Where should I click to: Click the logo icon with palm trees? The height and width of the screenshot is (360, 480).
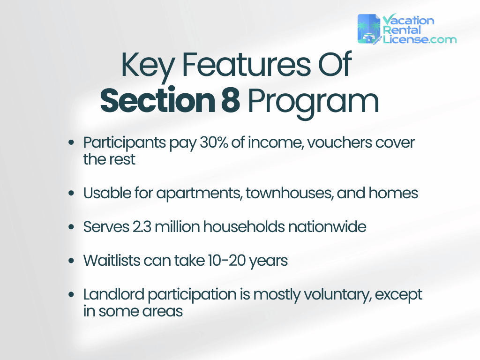(x=369, y=29)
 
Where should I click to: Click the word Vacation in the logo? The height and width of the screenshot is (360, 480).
(x=408, y=21)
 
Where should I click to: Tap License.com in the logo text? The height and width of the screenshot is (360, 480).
(x=419, y=39)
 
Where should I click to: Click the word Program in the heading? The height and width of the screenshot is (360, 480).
(x=314, y=102)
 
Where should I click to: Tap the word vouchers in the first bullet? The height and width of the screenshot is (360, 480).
(x=339, y=142)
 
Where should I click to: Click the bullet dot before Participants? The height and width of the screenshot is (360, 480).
(x=71, y=142)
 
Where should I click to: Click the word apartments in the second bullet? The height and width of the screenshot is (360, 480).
(x=195, y=193)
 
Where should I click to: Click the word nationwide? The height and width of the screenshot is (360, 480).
(x=327, y=227)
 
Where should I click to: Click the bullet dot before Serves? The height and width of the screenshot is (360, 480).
(x=71, y=227)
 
